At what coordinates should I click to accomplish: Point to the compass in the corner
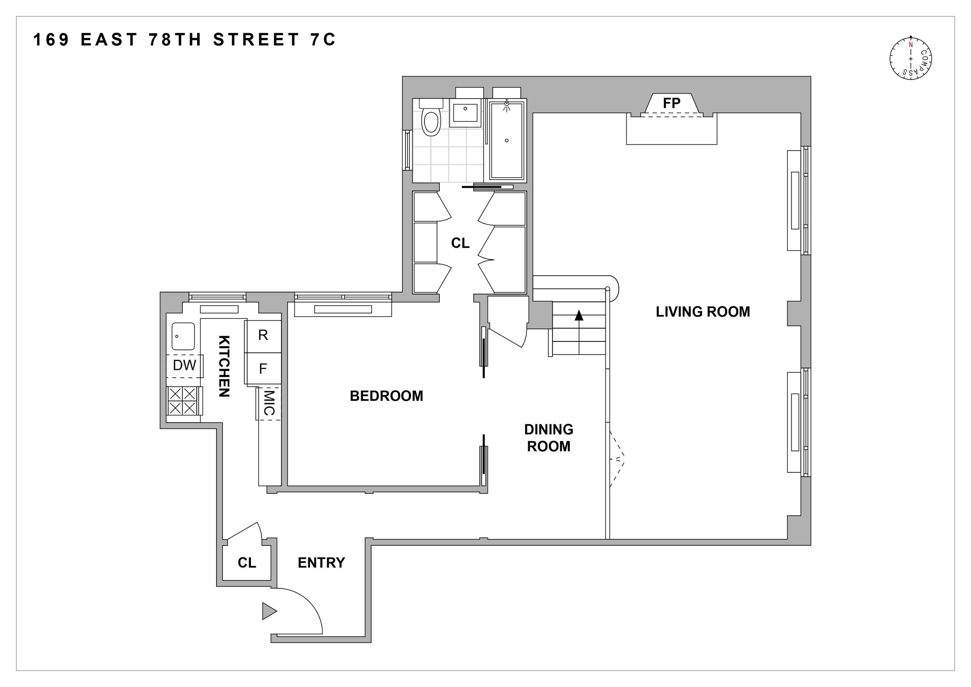[x=911, y=59]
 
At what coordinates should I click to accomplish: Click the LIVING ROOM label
[x=702, y=312]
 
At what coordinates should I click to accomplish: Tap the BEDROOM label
[x=386, y=396]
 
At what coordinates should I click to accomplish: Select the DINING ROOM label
[x=548, y=438]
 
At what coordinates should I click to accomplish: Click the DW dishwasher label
[x=184, y=365]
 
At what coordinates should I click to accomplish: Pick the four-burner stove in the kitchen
[x=183, y=401]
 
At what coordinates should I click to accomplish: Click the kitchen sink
[x=183, y=336]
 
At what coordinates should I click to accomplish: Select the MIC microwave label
[x=269, y=403]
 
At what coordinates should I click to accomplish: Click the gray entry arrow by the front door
[x=269, y=611]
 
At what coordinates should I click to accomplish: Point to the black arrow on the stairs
[x=579, y=315]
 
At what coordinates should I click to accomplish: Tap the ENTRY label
[x=321, y=563]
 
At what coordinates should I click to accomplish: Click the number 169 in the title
[x=51, y=40]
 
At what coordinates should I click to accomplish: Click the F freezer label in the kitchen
[x=263, y=369]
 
